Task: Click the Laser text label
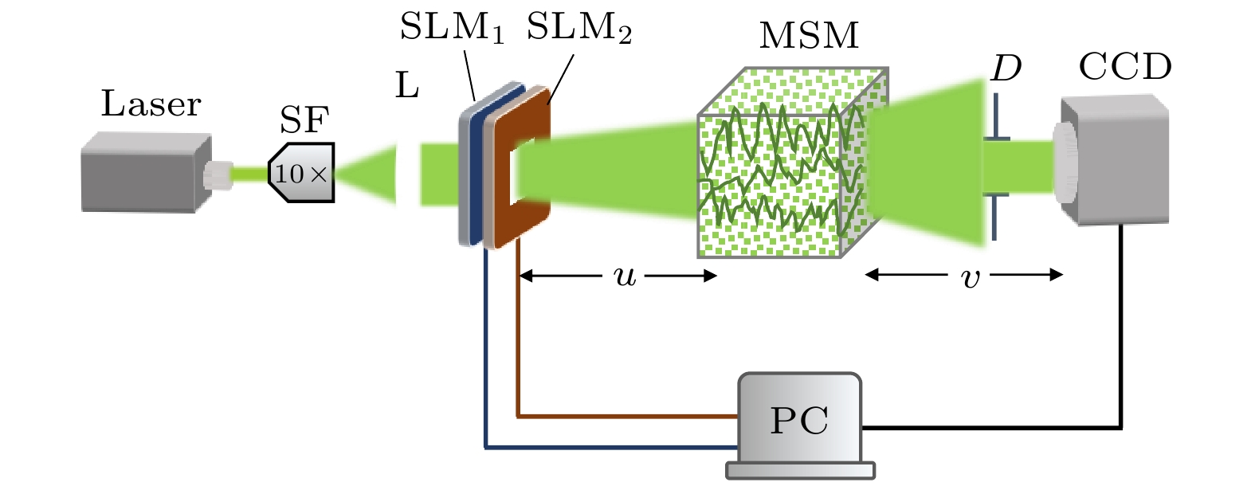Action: coord(151,104)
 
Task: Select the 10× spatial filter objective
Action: coord(302,173)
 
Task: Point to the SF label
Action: coord(304,120)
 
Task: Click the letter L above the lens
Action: coord(407,85)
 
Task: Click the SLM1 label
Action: coord(451,28)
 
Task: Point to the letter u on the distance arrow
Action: coord(626,276)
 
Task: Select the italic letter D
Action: coord(1006,69)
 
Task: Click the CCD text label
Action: coord(1124,68)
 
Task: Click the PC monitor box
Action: coord(799,418)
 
